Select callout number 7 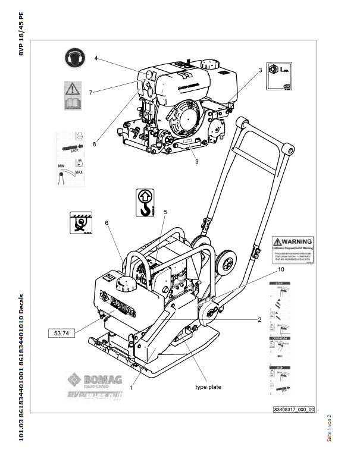(90, 92)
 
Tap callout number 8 (94, 143)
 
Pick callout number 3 (260, 70)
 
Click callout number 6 (107, 223)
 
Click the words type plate (208, 387)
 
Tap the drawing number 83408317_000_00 (293, 410)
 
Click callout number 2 (259, 319)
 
